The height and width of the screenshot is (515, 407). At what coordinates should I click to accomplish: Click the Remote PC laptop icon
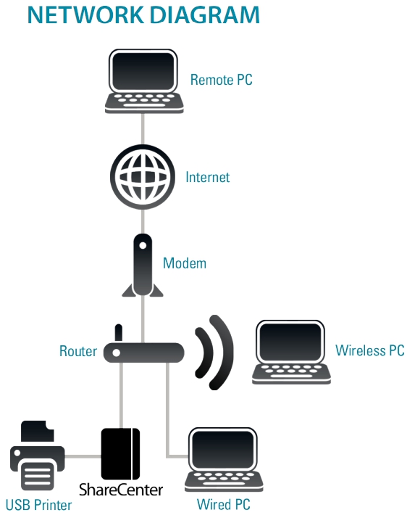coord(144,81)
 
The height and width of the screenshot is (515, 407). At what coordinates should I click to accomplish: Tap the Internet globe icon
coord(143,177)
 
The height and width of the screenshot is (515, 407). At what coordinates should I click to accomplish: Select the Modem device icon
coord(143,265)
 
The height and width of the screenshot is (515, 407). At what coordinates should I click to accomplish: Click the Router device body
coord(143,353)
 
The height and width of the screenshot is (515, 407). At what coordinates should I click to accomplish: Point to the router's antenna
coord(118,334)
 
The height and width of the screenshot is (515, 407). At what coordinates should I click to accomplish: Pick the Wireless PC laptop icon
coord(291,352)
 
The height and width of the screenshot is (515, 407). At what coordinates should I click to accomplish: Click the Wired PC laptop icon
coord(224,460)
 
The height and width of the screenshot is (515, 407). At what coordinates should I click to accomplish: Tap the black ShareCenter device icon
coord(120,454)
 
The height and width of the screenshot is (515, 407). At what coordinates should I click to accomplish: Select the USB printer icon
coord(38,456)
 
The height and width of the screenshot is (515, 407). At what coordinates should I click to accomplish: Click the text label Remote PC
coord(222,80)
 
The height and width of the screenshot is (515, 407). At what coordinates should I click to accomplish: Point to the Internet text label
coord(208,177)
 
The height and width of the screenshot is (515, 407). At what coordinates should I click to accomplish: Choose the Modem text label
coord(185,263)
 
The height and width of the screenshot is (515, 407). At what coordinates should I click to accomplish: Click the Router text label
coord(78,351)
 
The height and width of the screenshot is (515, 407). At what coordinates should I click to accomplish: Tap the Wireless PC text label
coord(370,350)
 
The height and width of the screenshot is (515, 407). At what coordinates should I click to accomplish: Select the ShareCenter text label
coord(121,490)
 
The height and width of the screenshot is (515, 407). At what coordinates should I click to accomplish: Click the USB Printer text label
coord(38,505)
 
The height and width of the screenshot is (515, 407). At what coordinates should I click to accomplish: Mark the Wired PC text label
coord(223,504)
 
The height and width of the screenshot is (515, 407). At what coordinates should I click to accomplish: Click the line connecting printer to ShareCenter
coord(83,456)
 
